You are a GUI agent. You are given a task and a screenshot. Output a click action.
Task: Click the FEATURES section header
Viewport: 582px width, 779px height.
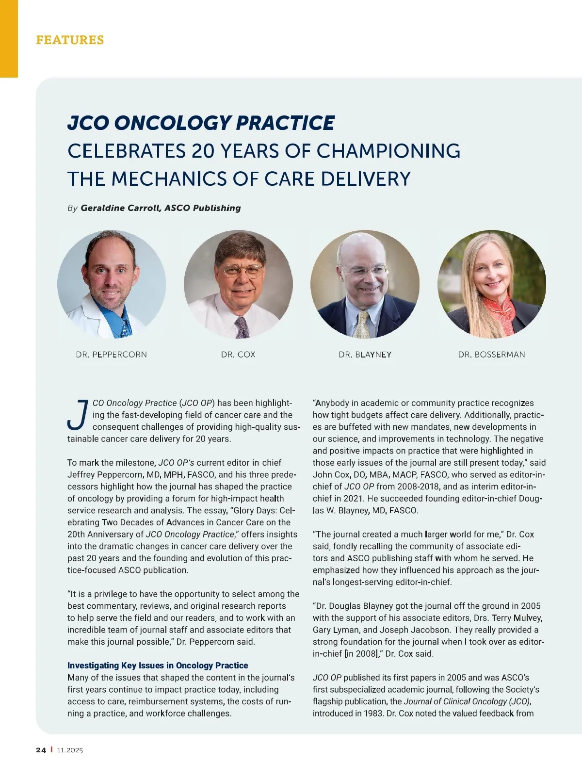tap(70, 40)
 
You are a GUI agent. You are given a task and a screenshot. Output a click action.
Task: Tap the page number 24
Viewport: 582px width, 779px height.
tap(41, 750)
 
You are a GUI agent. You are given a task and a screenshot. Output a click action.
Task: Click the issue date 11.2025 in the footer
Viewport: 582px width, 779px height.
tap(70, 750)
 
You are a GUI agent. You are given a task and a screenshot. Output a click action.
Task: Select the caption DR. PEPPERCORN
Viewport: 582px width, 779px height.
tap(111, 355)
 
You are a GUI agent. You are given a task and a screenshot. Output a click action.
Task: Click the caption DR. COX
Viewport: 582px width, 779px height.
tap(238, 355)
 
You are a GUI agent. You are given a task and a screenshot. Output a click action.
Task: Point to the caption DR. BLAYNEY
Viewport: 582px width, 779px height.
tap(365, 355)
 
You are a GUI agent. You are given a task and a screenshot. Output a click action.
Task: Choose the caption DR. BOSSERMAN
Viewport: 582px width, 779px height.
tap(491, 355)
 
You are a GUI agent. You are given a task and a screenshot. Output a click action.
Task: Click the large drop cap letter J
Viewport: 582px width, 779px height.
tap(78, 415)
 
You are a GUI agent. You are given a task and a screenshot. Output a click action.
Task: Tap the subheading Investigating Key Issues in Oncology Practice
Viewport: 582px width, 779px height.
tap(158, 665)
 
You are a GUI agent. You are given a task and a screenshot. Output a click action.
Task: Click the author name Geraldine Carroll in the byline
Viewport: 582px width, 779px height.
tap(121, 208)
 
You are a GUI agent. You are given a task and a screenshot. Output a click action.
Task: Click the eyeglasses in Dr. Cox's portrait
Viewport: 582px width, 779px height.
tap(239, 270)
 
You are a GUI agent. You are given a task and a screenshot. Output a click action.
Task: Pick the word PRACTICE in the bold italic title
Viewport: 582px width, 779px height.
tap(285, 123)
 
